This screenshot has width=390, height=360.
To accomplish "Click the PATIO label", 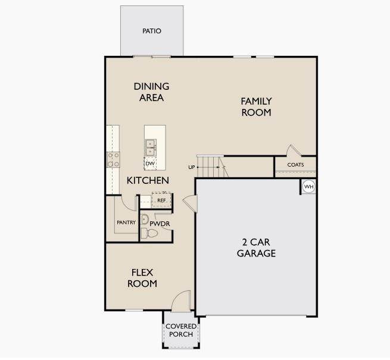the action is [x=152, y=31].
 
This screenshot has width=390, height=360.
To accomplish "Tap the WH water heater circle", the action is [x=308, y=186].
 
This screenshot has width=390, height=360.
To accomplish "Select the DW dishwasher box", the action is [x=150, y=164].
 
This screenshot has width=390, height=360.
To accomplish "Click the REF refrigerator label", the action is [x=161, y=200].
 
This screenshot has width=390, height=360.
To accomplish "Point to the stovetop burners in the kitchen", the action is [x=113, y=159].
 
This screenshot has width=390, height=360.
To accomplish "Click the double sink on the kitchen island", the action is [x=151, y=148].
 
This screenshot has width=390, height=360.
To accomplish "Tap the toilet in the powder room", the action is [x=149, y=233].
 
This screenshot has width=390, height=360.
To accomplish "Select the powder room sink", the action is [x=144, y=220].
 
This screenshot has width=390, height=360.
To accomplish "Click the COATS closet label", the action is [x=295, y=165].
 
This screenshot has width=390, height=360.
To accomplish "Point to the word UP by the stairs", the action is [x=192, y=167].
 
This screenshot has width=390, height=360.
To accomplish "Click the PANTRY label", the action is [x=126, y=223].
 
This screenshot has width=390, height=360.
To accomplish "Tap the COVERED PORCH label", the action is [x=181, y=330].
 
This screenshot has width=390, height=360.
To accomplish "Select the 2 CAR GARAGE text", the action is [x=256, y=248].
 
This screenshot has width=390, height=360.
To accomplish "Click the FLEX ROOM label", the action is [x=142, y=278].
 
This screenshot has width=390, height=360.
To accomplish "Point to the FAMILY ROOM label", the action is [x=257, y=107].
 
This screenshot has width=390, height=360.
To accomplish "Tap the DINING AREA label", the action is [x=151, y=92].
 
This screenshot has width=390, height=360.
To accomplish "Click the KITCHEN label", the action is [x=148, y=180].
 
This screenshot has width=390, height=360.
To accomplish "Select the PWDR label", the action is [x=160, y=224].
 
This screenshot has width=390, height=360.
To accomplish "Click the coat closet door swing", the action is [x=294, y=151].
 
